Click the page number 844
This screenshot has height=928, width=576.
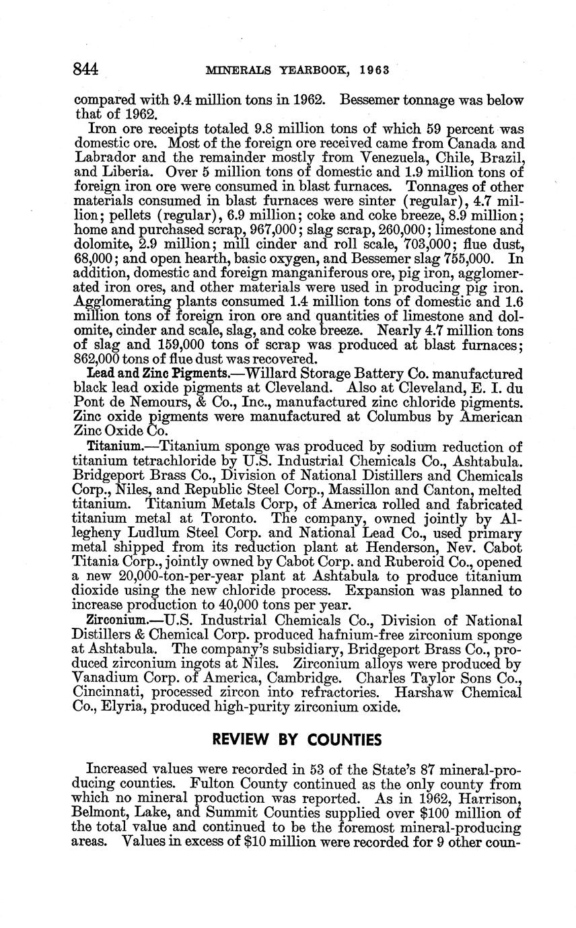[85, 70]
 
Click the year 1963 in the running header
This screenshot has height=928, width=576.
[375, 70]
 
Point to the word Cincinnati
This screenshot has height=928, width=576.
[105, 692]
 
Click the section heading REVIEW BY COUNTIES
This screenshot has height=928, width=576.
[296, 740]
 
